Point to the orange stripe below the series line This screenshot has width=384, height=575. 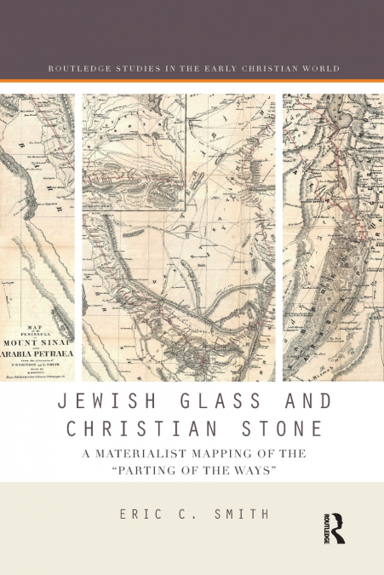click(192, 81)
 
